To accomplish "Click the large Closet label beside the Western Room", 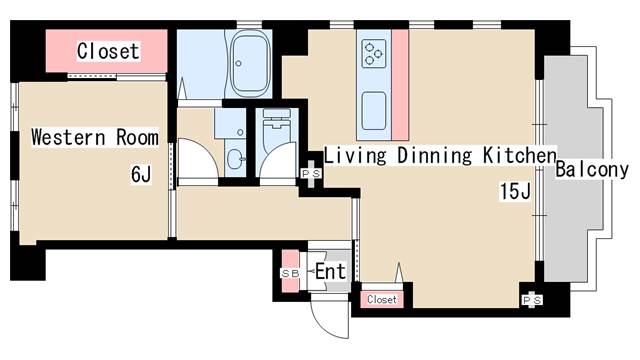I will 108,50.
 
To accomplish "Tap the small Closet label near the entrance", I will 381,299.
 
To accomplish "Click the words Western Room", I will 95,137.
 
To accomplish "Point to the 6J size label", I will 141,176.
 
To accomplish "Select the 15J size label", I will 515,192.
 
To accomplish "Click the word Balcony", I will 592,169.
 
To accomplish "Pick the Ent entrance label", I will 330,271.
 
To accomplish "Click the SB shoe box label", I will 290,272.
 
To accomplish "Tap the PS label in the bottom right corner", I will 530,299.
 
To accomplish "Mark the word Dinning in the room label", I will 433,155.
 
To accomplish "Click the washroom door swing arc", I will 200,160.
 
